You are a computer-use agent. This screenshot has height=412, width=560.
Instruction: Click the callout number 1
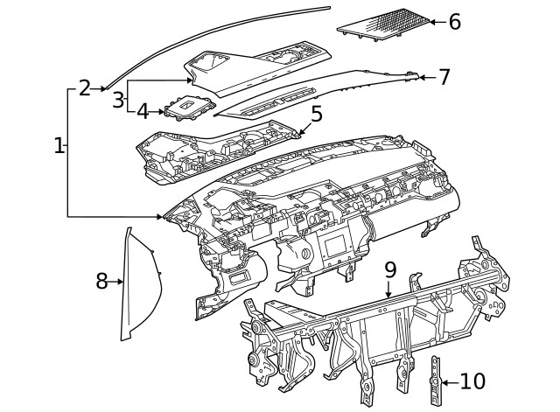(58, 146)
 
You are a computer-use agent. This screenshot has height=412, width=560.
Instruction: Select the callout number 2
(84, 87)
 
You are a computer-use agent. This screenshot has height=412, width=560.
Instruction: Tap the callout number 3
(118, 99)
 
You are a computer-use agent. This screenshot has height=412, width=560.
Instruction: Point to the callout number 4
(142, 111)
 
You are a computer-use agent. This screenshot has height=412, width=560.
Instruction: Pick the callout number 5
(316, 113)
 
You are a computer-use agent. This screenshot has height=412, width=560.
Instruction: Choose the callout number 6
(454, 21)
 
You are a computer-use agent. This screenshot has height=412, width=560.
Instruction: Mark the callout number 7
(444, 77)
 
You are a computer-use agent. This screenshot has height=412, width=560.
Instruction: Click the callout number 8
(102, 281)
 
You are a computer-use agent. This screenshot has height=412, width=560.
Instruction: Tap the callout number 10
(472, 381)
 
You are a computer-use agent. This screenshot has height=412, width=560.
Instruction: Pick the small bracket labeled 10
(434, 381)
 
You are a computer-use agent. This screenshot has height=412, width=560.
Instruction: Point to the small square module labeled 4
(188, 108)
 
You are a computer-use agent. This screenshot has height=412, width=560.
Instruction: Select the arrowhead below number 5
(303, 132)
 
